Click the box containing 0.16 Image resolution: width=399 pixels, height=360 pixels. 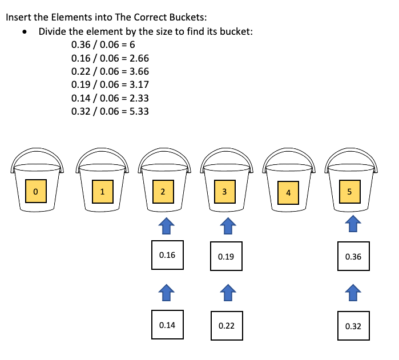point(167,255)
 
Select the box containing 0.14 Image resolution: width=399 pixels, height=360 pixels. point(167,325)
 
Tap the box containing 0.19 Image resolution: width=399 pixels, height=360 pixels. point(226,257)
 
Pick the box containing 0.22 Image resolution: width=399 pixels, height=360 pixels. point(227,326)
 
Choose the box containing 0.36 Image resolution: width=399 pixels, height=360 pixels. point(353,257)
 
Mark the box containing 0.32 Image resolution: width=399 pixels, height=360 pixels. point(353,326)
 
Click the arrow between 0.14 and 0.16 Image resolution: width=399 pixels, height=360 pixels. point(166,293)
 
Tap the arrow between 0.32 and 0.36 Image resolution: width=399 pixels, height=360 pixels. point(353,294)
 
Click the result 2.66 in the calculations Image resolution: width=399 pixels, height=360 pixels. point(139,58)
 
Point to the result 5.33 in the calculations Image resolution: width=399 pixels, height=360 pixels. point(139,111)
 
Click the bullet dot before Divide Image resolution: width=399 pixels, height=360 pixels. point(24,32)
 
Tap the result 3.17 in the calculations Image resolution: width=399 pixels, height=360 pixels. point(139,85)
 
